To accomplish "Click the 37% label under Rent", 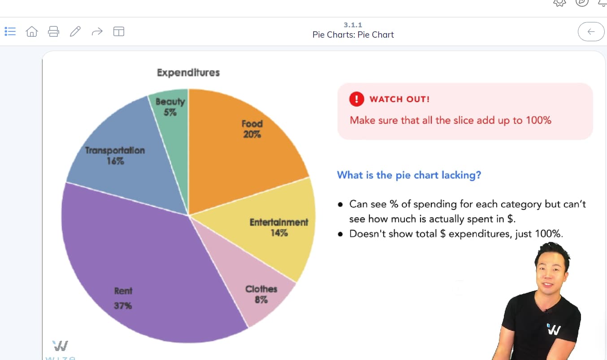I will click(x=123, y=306).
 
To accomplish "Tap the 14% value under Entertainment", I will click(x=279, y=233).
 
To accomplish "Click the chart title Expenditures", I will click(x=188, y=73).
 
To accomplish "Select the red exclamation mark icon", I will click(x=356, y=99).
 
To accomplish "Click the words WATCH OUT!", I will click(x=399, y=99).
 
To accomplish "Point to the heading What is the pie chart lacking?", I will click(x=409, y=175).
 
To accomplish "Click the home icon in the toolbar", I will click(x=32, y=31).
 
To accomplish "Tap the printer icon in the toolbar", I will click(x=54, y=31).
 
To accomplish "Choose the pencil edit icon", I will click(x=75, y=31).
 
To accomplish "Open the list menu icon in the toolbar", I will click(x=10, y=31).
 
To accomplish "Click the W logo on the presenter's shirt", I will click(x=554, y=330).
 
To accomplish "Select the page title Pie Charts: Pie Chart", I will click(x=353, y=35).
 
